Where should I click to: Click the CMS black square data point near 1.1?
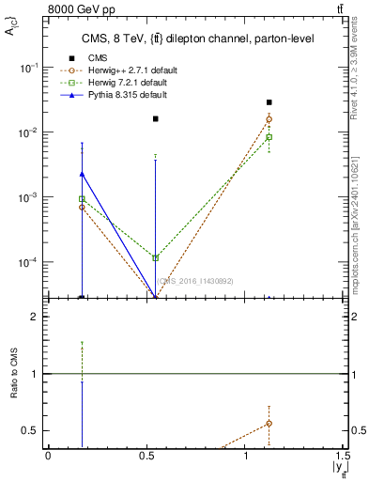pyautogui.click(x=269, y=102)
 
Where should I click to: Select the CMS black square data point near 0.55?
pyautogui.click(x=155, y=119)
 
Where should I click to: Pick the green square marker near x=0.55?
pyautogui.click(x=155, y=257)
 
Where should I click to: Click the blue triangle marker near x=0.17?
pyautogui.click(x=83, y=173)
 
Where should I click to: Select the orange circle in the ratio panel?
pyautogui.click(x=269, y=424)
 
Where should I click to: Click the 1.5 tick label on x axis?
pyautogui.click(x=346, y=457)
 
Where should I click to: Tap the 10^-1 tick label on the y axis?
pyautogui.click(x=30, y=69)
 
